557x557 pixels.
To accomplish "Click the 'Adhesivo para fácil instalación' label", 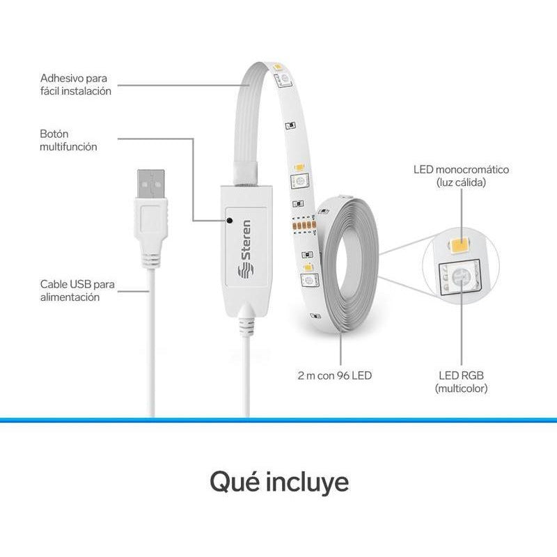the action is tap(76, 84).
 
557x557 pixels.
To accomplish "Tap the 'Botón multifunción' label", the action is tap(68, 141).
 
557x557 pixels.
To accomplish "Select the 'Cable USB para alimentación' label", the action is tap(77, 290).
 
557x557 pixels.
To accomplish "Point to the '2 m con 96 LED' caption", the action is tap(335, 375).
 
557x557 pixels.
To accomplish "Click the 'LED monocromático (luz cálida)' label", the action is tap(461, 176).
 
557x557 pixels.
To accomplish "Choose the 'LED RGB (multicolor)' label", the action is tap(461, 382).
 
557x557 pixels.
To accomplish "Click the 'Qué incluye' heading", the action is tap(279, 482).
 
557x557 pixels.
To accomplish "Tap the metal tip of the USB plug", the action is tap(151, 184).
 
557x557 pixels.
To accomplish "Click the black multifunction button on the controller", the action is tap(230, 221).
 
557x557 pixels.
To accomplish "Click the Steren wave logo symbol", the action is tap(246, 272).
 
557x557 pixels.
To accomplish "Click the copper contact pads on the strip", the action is tap(304, 225).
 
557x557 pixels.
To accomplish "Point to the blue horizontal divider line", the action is tap(278, 421).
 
